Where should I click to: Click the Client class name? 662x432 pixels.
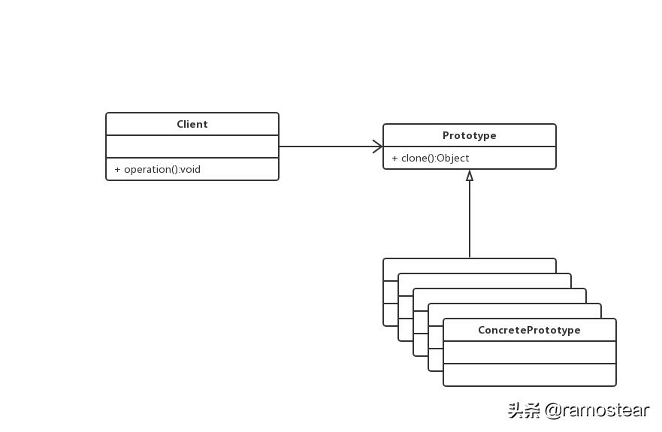tap(192, 124)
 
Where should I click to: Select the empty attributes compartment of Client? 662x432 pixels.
tap(192, 147)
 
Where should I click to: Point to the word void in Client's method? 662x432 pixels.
tap(190, 169)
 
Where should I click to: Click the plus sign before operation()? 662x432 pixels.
tap(117, 169)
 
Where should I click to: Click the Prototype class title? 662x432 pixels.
tap(469, 135)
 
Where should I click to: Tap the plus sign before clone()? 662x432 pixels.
tap(394, 158)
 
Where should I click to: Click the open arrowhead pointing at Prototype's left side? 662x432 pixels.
tap(378, 147)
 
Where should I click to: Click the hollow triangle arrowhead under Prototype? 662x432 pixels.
tap(470, 176)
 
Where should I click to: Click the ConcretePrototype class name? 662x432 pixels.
tap(529, 330)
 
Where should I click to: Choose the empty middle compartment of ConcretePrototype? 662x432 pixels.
tap(529, 352)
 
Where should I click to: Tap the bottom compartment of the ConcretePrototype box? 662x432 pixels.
tap(529, 374)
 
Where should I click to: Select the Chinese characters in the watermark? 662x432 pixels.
tap(524, 410)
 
